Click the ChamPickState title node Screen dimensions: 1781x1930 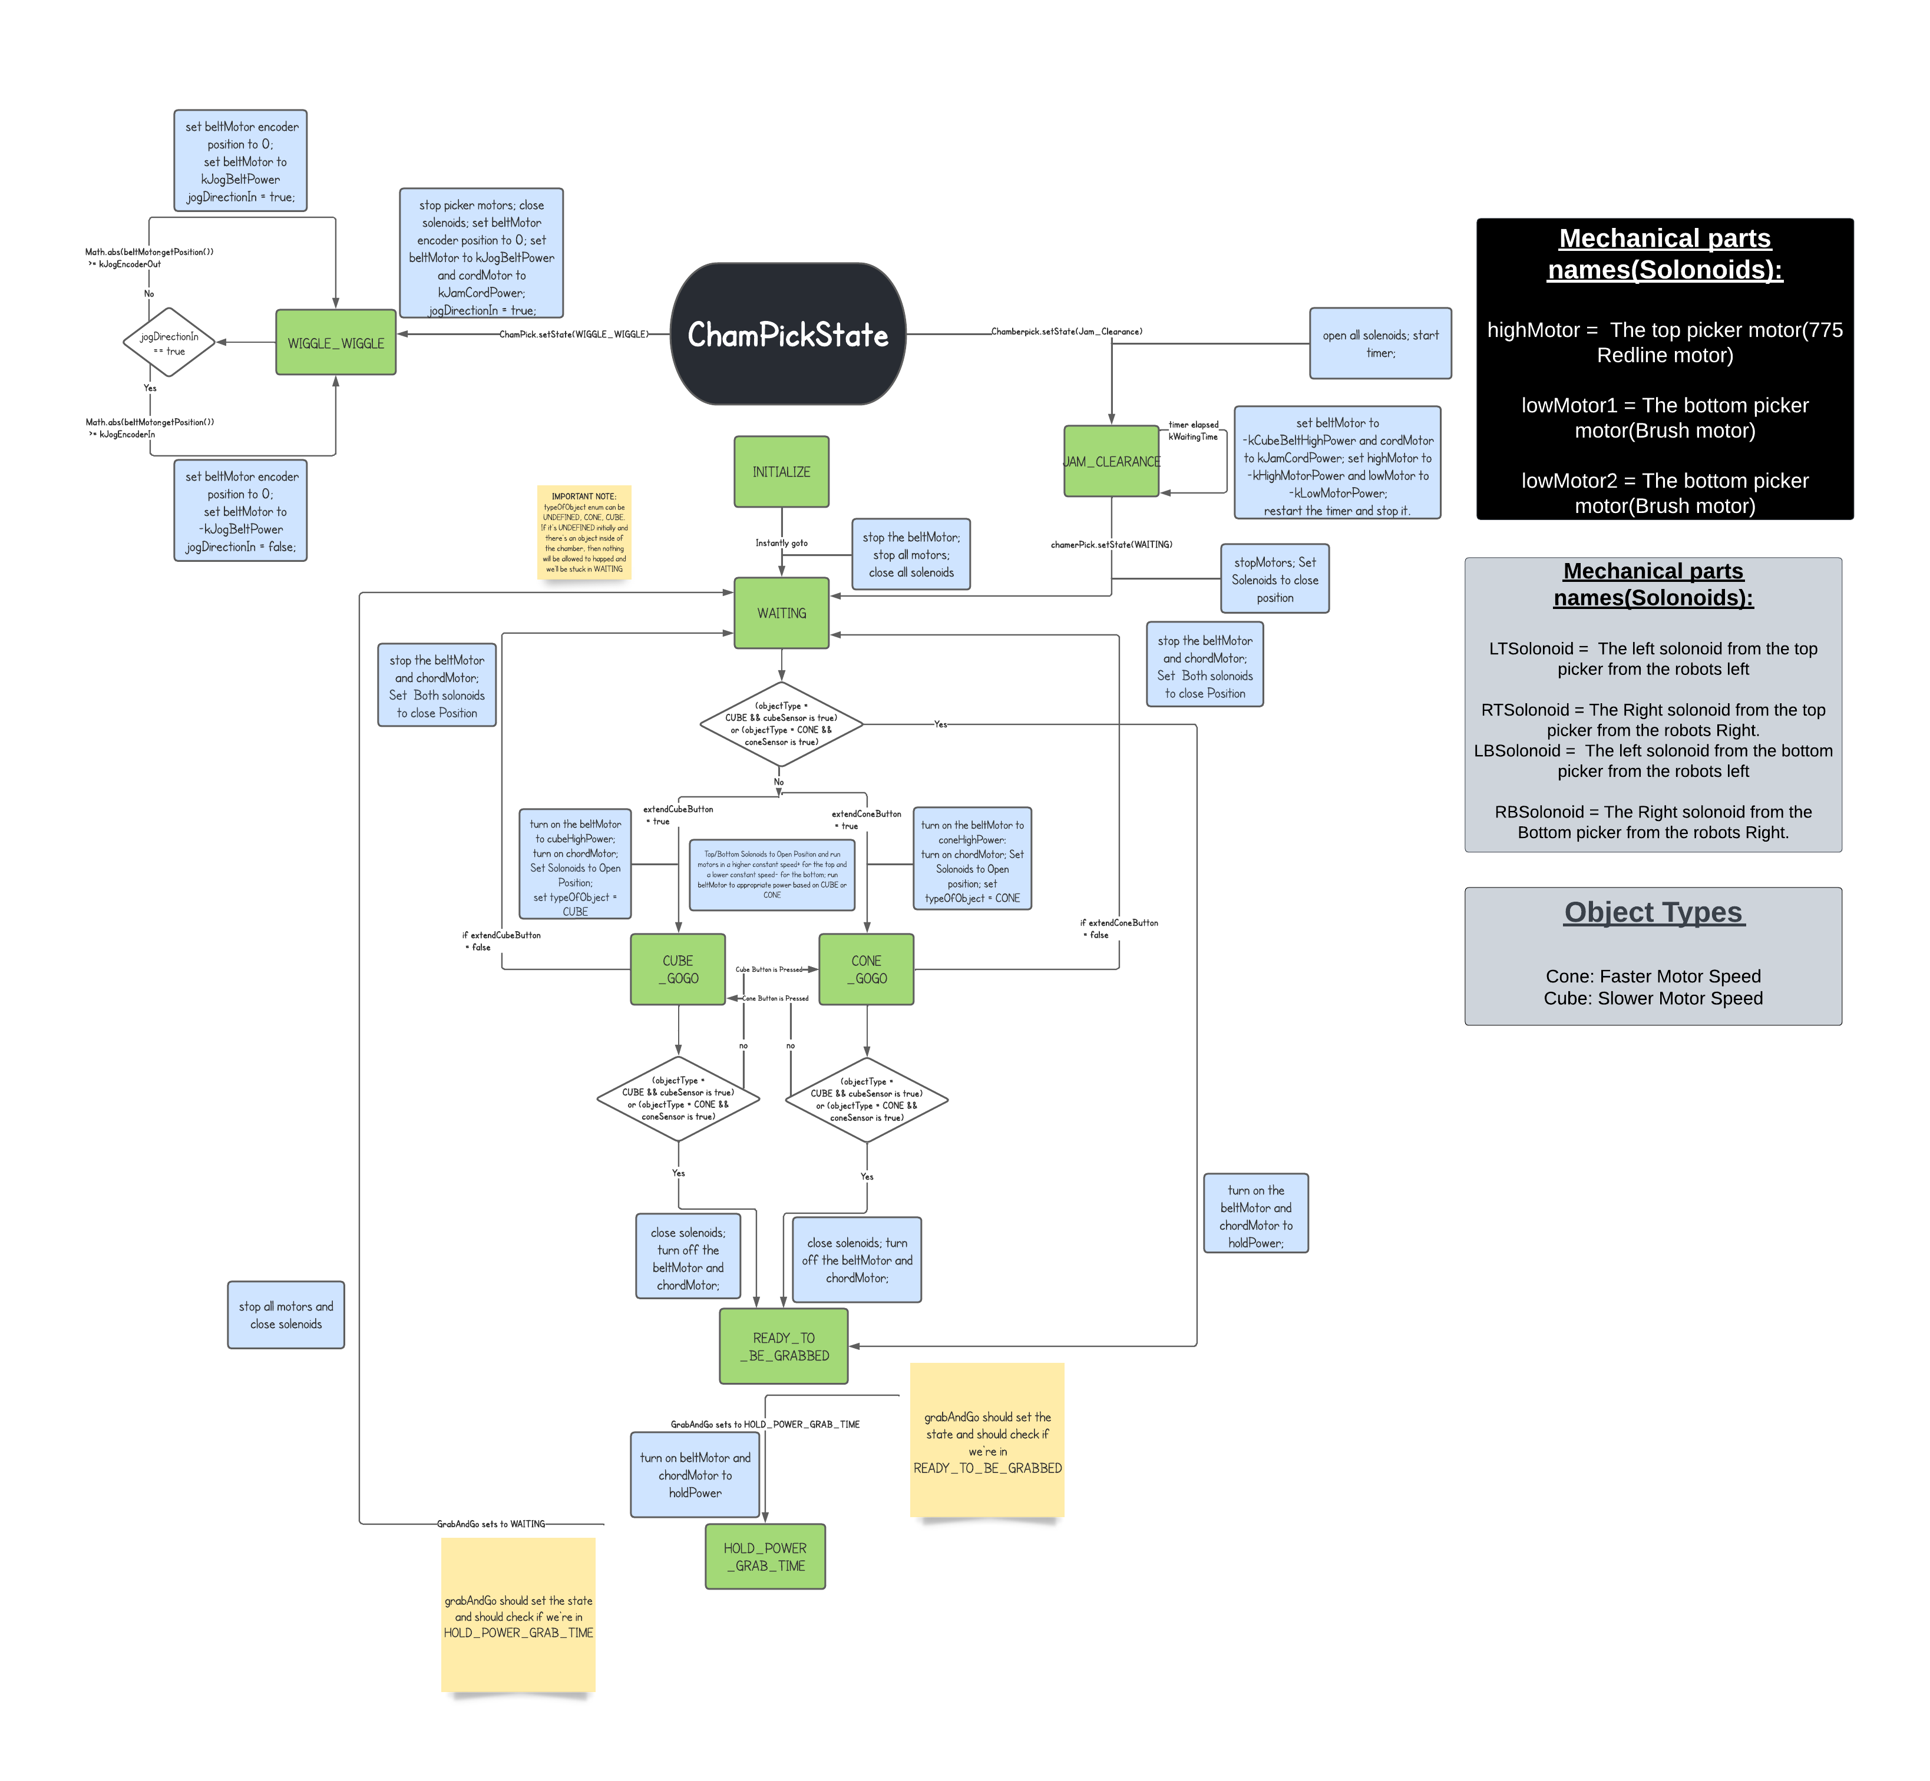pyautogui.click(x=788, y=335)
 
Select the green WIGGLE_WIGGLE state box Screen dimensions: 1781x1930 pyautogui.click(x=335, y=343)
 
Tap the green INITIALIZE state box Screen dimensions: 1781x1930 pyautogui.click(x=781, y=471)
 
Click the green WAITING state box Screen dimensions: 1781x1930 pyautogui.click(x=781, y=613)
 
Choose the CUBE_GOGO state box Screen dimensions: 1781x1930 pyautogui.click(x=678, y=969)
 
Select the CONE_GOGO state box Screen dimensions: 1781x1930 pyautogui.click(x=865, y=969)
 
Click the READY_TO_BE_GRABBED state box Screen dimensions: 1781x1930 pyautogui.click(x=784, y=1346)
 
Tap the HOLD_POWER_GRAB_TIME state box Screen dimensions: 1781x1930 pyautogui.click(x=765, y=1557)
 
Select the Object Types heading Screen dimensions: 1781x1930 pyautogui.click(x=1653, y=912)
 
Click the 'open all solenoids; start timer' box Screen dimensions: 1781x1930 pyautogui.click(x=1380, y=344)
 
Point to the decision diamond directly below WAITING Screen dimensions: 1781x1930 pyautogui.click(x=781, y=724)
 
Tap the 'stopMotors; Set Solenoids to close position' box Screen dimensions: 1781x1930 pyautogui.click(x=1274, y=579)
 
